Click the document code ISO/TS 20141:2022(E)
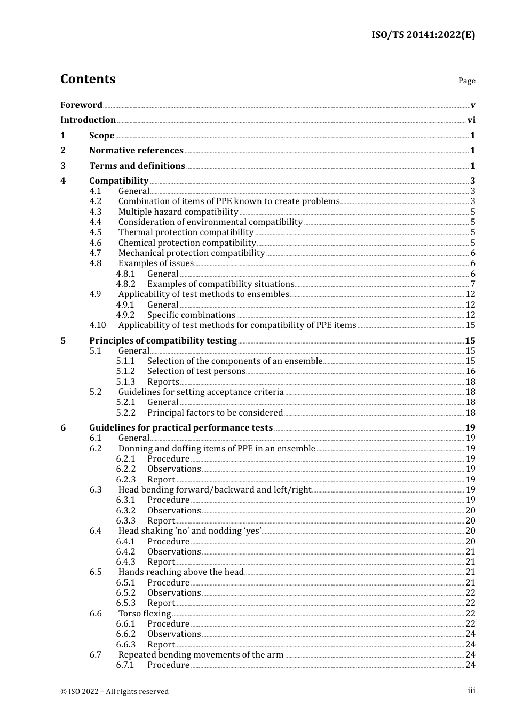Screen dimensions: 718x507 tap(423, 35)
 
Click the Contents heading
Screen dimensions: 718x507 tap(88, 79)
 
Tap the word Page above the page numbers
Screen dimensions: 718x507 tap(466, 81)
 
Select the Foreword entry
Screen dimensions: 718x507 tap(81, 105)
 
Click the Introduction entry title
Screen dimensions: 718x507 tap(88, 120)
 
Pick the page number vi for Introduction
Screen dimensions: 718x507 tap(471, 120)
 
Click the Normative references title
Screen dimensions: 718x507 tap(136, 151)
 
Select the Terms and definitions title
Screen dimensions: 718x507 tap(137, 166)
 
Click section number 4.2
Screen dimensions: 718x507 tap(96, 201)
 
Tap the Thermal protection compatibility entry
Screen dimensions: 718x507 tap(186, 232)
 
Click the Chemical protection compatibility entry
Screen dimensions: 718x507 tap(187, 243)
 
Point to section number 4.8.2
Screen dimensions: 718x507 tap(126, 284)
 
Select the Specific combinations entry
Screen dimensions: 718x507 tap(191, 315)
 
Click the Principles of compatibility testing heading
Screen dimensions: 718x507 tap(163, 341)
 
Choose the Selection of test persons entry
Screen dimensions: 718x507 tap(196, 371)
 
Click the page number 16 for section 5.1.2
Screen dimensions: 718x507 tap(470, 371)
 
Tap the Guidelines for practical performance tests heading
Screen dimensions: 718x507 tap(181, 428)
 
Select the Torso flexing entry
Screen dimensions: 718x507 tap(145, 614)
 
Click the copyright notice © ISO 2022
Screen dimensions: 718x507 tap(114, 691)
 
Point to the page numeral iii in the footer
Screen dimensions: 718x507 tap(471, 691)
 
